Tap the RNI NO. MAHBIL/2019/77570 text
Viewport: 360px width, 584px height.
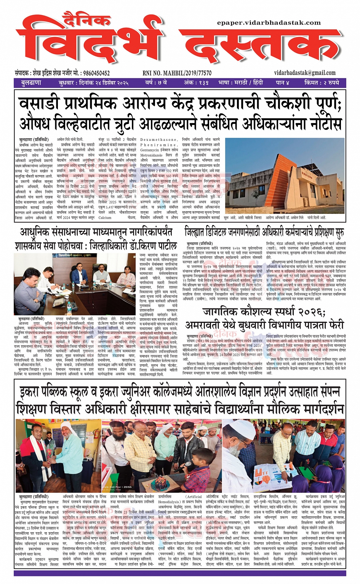pos(177,73)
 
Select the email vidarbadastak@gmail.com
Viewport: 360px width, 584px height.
pos(305,73)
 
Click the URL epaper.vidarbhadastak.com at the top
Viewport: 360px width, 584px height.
pos(269,22)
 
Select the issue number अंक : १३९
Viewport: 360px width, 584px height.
pos(196,83)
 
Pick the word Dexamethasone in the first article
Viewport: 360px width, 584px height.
pos(159,140)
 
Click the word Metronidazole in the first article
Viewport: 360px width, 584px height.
pos(152,155)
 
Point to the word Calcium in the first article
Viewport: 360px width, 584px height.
pos(105,218)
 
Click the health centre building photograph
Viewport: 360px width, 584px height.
pos(285,176)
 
